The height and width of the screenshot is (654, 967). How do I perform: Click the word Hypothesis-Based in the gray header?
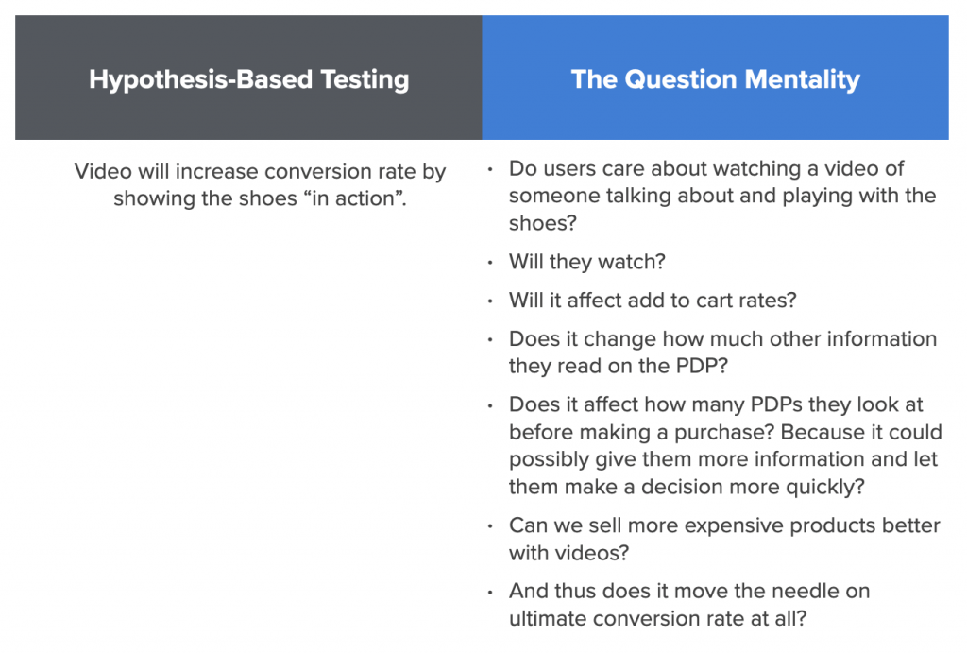pyautogui.click(x=200, y=80)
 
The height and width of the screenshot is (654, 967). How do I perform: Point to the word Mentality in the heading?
pyautogui.click(x=803, y=80)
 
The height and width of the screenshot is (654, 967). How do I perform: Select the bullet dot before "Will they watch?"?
pyautogui.click(x=490, y=263)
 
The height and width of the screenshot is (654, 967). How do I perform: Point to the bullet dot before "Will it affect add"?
pyautogui.click(x=490, y=301)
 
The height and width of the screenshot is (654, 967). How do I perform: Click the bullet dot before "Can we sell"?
pyautogui.click(x=490, y=526)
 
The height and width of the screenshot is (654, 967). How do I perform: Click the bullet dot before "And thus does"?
pyautogui.click(x=490, y=593)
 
